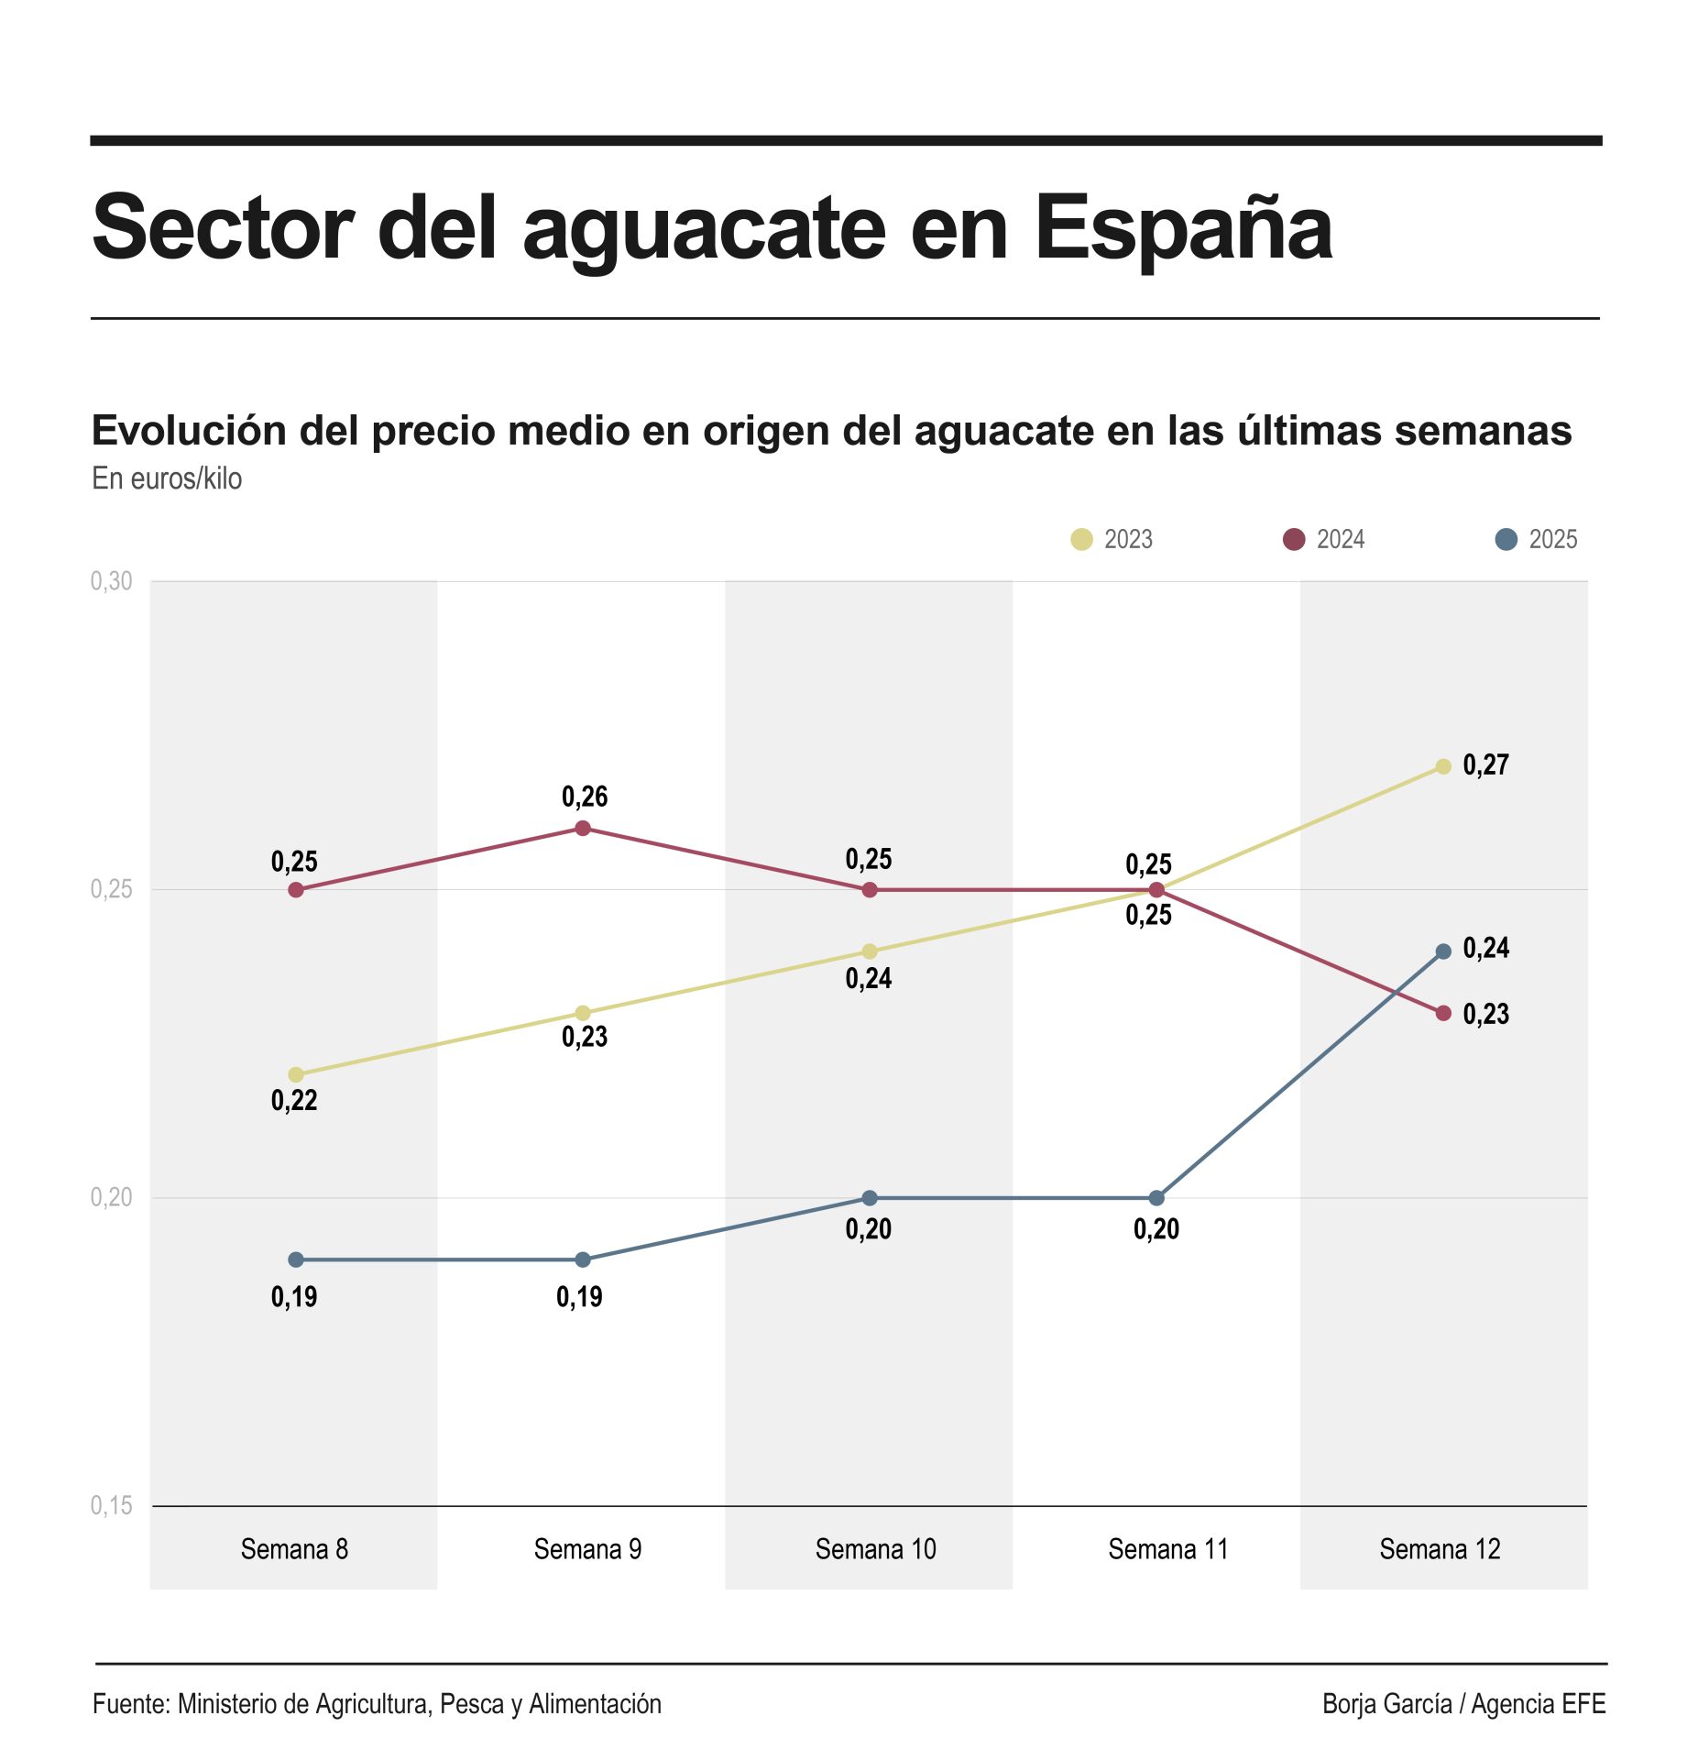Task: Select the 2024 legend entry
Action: pyautogui.click(x=1323, y=539)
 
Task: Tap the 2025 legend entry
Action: pyautogui.click(x=1536, y=539)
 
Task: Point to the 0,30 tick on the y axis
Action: pyautogui.click(x=111, y=581)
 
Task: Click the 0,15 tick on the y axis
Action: pyautogui.click(x=111, y=1505)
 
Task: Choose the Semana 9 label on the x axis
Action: pyautogui.click(x=587, y=1549)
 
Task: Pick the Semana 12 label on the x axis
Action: pyautogui.click(x=1440, y=1549)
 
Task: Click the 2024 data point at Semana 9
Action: pyautogui.click(x=583, y=829)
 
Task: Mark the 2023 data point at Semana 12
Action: pyautogui.click(x=1443, y=766)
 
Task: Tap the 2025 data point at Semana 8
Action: pyautogui.click(x=296, y=1259)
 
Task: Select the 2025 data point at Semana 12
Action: pyautogui.click(x=1443, y=951)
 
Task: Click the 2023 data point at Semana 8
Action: pyautogui.click(x=296, y=1074)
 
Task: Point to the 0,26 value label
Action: pyautogui.click(x=585, y=797)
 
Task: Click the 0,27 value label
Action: pyautogui.click(x=1485, y=764)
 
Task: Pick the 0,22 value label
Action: pyautogui.click(x=294, y=1100)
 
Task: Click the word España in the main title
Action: pyautogui.click(x=1184, y=228)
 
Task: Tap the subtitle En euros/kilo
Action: pyautogui.click(x=167, y=478)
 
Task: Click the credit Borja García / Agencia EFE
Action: pyautogui.click(x=1463, y=1703)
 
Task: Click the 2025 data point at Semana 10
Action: pyautogui.click(x=870, y=1198)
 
